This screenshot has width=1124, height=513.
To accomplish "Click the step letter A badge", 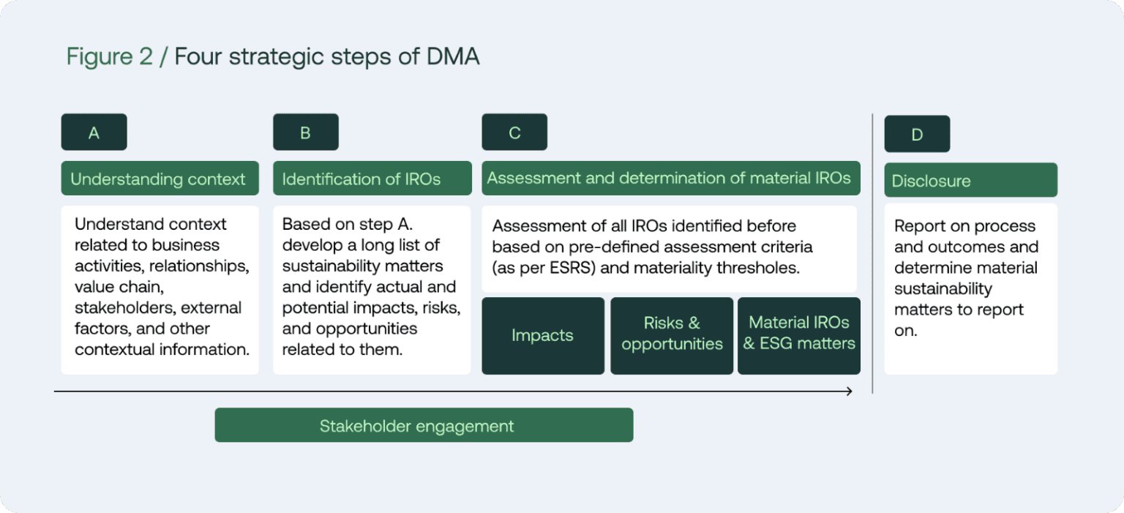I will (x=94, y=132).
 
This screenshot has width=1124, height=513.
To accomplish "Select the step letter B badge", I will (x=305, y=132).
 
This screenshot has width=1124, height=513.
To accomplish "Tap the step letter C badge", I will (x=514, y=132).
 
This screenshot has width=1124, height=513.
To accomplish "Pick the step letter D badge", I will (x=917, y=135).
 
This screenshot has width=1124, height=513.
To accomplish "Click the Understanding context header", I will (x=159, y=179).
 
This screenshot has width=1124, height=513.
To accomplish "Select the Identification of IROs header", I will (x=371, y=179).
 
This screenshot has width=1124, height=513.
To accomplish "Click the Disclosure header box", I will (x=970, y=181).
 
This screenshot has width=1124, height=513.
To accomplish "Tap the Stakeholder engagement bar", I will (x=424, y=426).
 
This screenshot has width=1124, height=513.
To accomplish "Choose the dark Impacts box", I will (x=542, y=336).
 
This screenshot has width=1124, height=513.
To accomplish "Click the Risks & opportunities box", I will (x=672, y=334).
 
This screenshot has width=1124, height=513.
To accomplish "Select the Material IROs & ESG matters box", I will (x=799, y=334).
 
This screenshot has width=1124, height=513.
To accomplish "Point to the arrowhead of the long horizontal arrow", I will (x=849, y=392).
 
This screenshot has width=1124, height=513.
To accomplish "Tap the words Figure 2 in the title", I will (x=110, y=56).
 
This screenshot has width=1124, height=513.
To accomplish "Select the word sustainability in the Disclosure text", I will (x=943, y=289).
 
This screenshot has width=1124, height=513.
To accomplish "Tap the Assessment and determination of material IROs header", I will (x=670, y=179).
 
